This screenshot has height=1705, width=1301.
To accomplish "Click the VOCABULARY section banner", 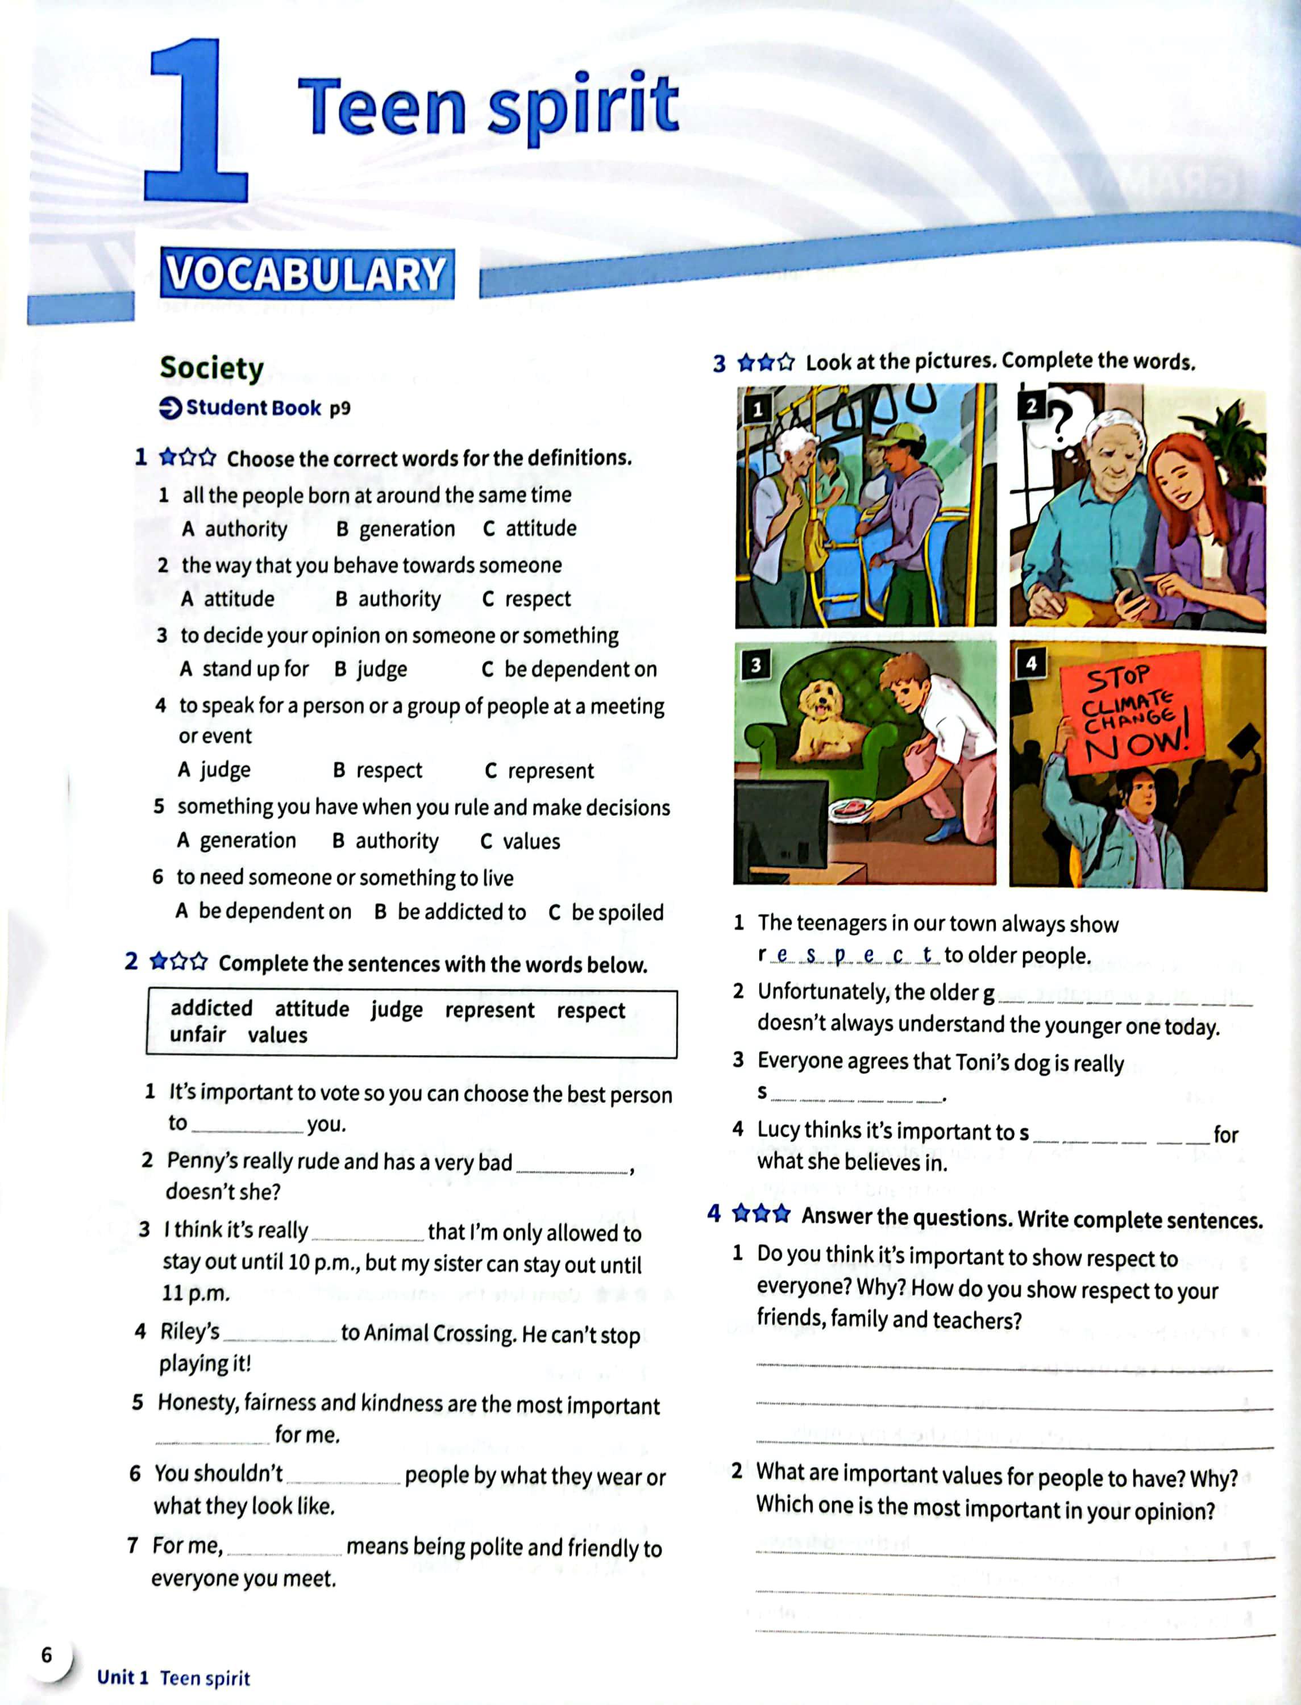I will point(307,274).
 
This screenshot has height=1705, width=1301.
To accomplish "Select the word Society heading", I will point(211,368).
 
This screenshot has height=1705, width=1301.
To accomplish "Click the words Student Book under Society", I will point(253,408).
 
